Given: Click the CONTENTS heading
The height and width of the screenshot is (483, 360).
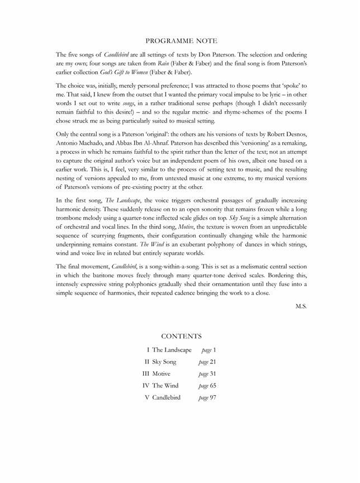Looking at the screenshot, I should (181, 336).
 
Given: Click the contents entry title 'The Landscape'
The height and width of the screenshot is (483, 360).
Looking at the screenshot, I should (172, 350).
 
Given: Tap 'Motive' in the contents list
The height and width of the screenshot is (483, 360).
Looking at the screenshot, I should (161, 373).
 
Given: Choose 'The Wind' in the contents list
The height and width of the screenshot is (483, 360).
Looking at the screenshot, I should (165, 386).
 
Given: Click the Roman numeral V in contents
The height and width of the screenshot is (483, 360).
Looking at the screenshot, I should (146, 397).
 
